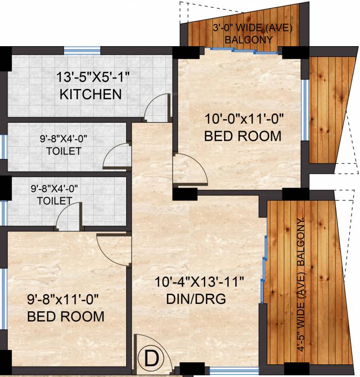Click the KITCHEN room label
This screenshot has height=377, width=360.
pos(90,94)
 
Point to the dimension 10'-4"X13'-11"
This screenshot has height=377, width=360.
pos(199,282)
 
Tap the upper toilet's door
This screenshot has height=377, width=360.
pos(116,156)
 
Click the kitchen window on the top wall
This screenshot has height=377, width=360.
pos(82,50)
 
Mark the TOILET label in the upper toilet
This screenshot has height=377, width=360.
pos(64,151)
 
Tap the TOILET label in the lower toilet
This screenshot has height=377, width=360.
pos(55,200)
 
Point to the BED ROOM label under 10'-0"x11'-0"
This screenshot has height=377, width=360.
pos(243,136)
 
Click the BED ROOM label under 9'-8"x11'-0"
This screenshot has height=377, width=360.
pos(66,316)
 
